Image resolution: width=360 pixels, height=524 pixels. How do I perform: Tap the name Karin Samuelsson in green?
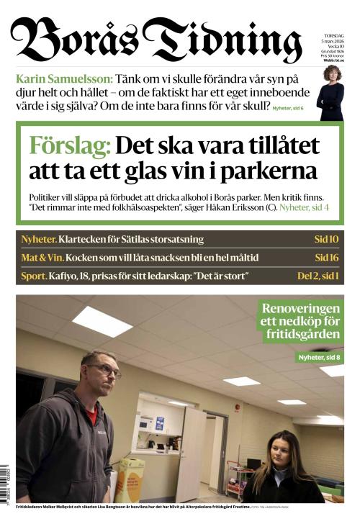point(63,78)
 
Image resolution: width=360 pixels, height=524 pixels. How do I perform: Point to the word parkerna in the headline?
point(273,172)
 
